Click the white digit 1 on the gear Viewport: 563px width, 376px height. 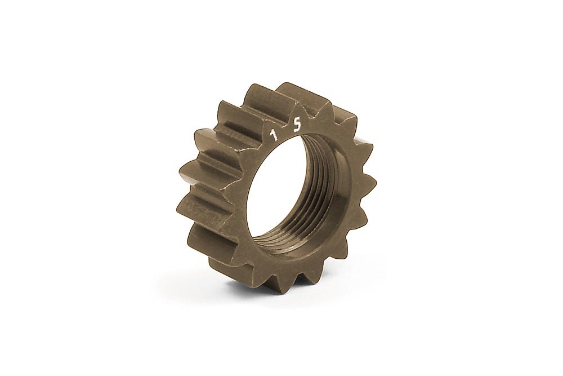tap(275, 136)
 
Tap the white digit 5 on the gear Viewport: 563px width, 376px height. tap(297, 126)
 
